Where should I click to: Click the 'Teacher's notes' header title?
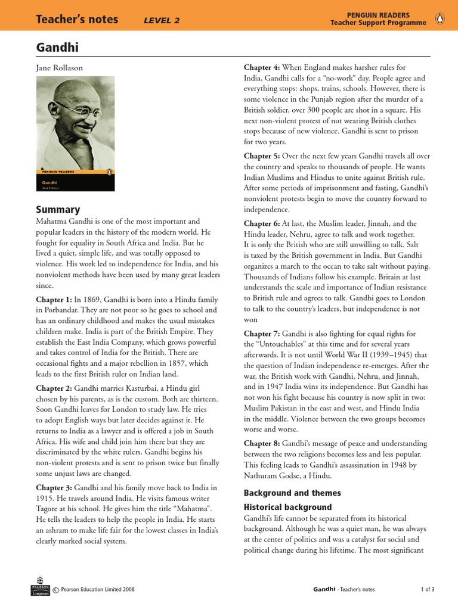[77, 20]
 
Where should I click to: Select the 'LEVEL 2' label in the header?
[162, 21]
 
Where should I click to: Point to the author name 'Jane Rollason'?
[60, 69]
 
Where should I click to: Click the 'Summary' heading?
[58, 209]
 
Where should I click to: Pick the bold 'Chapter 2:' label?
[54, 387]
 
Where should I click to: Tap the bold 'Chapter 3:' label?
[54, 487]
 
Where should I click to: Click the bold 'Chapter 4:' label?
[262, 67]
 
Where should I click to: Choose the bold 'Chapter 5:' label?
[262, 155]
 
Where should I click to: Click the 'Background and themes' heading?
[292, 493]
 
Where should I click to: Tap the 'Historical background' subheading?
[287, 507]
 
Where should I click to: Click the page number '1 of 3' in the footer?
[427, 589]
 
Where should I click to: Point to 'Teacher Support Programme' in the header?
[378, 23]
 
